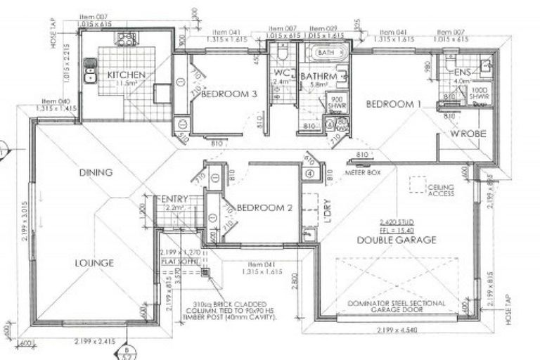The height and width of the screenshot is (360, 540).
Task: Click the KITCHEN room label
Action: pyautogui.click(x=127, y=75)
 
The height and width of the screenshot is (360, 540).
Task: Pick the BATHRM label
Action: pyautogui.click(x=315, y=76)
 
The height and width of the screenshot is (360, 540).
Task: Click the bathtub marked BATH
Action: pyautogui.click(x=326, y=53)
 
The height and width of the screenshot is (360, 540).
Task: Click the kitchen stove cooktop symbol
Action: pyautogui.click(x=127, y=40)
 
